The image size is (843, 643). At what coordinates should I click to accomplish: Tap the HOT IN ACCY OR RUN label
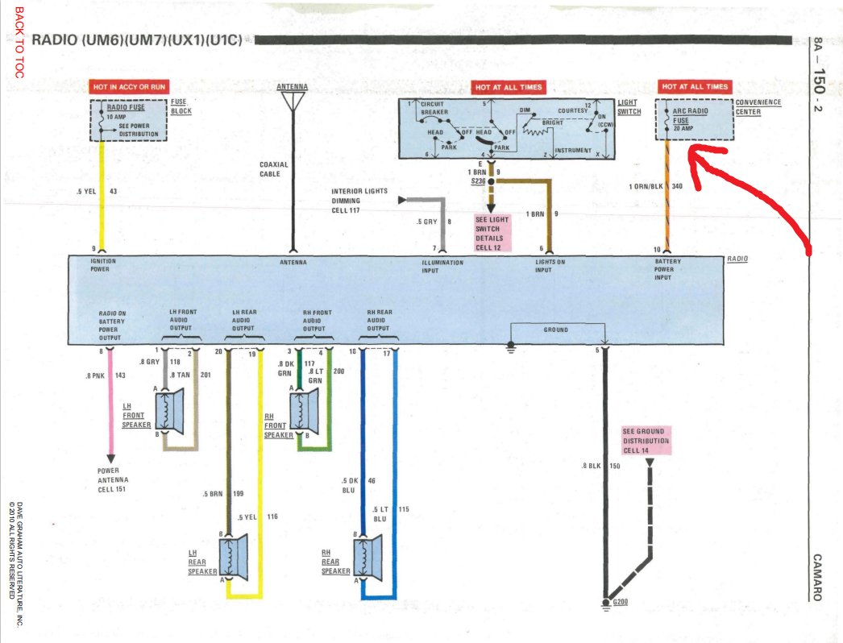(x=129, y=86)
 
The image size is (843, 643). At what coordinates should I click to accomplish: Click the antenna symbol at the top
(x=292, y=100)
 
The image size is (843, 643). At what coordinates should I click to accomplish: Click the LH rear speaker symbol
(x=235, y=556)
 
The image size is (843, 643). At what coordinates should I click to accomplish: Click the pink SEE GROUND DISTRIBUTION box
(x=645, y=440)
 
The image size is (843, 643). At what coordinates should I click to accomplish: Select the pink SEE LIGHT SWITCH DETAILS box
(x=492, y=233)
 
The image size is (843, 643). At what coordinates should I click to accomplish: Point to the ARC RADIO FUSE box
(x=692, y=121)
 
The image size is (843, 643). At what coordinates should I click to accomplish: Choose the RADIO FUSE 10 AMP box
(x=128, y=121)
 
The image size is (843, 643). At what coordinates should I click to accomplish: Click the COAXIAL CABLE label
(x=273, y=169)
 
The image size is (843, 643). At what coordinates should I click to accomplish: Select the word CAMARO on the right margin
(x=817, y=577)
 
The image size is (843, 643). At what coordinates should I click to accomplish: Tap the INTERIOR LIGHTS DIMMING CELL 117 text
(x=359, y=201)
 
